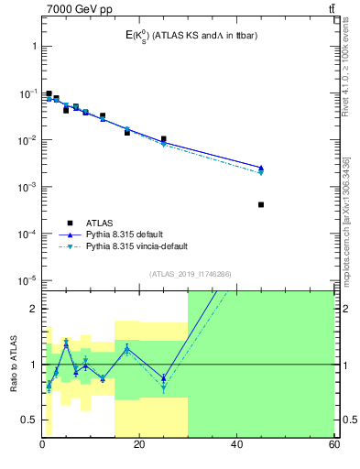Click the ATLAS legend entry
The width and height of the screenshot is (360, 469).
point(102,222)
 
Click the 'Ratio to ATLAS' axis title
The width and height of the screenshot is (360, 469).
point(14,364)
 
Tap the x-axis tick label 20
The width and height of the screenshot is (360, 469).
point(139,446)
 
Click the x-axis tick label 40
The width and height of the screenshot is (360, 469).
point(236,446)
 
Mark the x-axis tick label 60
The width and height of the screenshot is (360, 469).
point(333,446)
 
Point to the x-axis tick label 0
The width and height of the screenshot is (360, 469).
point(42,446)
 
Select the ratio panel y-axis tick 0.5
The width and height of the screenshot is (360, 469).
point(29,420)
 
